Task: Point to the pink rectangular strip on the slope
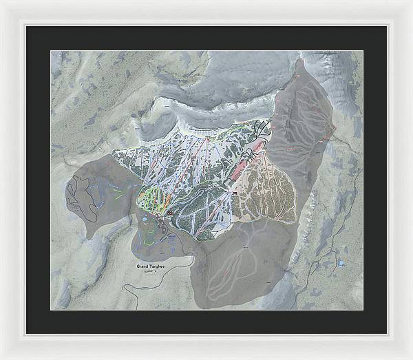pos(251,158)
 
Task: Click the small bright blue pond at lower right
pos(341,263)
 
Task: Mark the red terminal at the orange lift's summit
pos(206,138)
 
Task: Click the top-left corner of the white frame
pos(2,2)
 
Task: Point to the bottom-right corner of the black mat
pos(386,334)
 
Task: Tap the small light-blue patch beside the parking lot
pos(145,219)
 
